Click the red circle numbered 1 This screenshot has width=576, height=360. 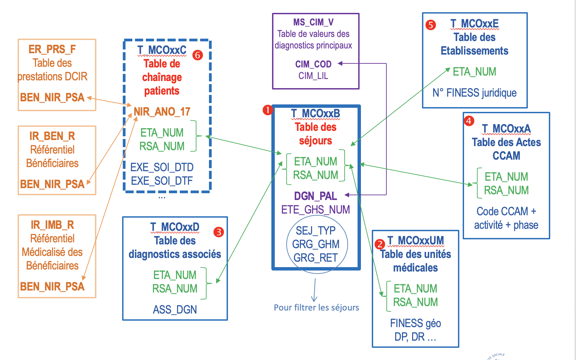pyautogui.click(x=268, y=110)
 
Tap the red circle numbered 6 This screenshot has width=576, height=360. pyautogui.click(x=197, y=55)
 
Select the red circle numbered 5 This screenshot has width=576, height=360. pyautogui.click(x=430, y=25)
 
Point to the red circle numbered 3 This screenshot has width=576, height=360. pyautogui.click(x=219, y=232)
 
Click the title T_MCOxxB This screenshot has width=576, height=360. pyautogui.click(x=315, y=114)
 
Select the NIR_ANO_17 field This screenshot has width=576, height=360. pyautogui.click(x=162, y=112)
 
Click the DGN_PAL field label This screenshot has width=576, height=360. pyautogui.click(x=315, y=196)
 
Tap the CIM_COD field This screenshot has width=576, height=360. pyautogui.click(x=313, y=64)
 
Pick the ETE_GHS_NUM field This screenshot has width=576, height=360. pyautogui.click(x=315, y=209)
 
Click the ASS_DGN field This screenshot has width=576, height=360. pyautogui.click(x=175, y=309)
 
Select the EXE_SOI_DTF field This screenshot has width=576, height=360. pyautogui.click(x=162, y=181)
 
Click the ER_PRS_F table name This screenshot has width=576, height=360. pyautogui.click(x=52, y=49)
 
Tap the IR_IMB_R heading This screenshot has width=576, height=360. pyautogui.click(x=52, y=225)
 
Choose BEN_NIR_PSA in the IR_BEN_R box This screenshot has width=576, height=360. pyautogui.click(x=52, y=184)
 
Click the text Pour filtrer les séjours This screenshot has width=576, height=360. pyautogui.click(x=316, y=307)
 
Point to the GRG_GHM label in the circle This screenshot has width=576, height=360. pyautogui.click(x=315, y=244)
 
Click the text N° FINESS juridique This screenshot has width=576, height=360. pyautogui.click(x=474, y=93)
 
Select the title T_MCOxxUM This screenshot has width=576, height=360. pyautogui.click(x=416, y=241)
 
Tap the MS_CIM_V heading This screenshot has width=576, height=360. pyautogui.click(x=313, y=22)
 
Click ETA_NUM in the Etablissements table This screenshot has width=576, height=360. pyautogui.click(x=474, y=72)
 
